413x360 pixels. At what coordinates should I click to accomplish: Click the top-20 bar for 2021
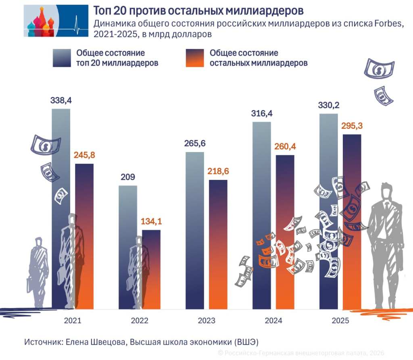61,181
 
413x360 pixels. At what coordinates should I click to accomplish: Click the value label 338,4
61,101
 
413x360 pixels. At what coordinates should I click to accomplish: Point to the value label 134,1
151,221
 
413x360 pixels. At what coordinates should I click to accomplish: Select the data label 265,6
195,144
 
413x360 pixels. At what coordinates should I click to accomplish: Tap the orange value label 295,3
352,126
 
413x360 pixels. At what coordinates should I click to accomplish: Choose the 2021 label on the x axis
73,321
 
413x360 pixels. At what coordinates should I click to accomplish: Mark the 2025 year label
340,321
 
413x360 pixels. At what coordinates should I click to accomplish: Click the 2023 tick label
206,321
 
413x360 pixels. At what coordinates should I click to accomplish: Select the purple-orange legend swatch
194,58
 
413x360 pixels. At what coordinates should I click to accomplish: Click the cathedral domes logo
40,21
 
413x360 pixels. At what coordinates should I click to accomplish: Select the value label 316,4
262,114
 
